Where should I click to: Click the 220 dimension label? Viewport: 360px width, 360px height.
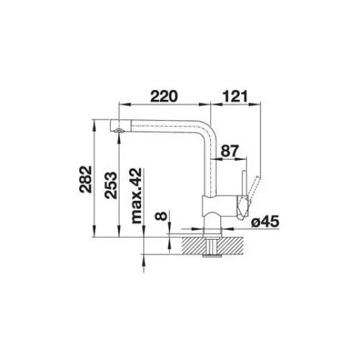[164, 96]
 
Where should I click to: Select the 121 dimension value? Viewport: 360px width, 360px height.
[235, 96]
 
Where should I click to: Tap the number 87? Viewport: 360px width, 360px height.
[230, 151]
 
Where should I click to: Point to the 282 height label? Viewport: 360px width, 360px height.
[85, 179]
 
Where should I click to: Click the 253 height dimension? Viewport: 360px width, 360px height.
[110, 185]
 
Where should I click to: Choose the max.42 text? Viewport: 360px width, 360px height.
[136, 195]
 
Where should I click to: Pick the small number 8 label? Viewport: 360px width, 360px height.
[161, 216]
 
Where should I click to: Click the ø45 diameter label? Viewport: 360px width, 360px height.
[265, 222]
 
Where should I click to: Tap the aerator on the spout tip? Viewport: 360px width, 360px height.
[119, 130]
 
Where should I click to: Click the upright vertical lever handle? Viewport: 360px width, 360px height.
[244, 183]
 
